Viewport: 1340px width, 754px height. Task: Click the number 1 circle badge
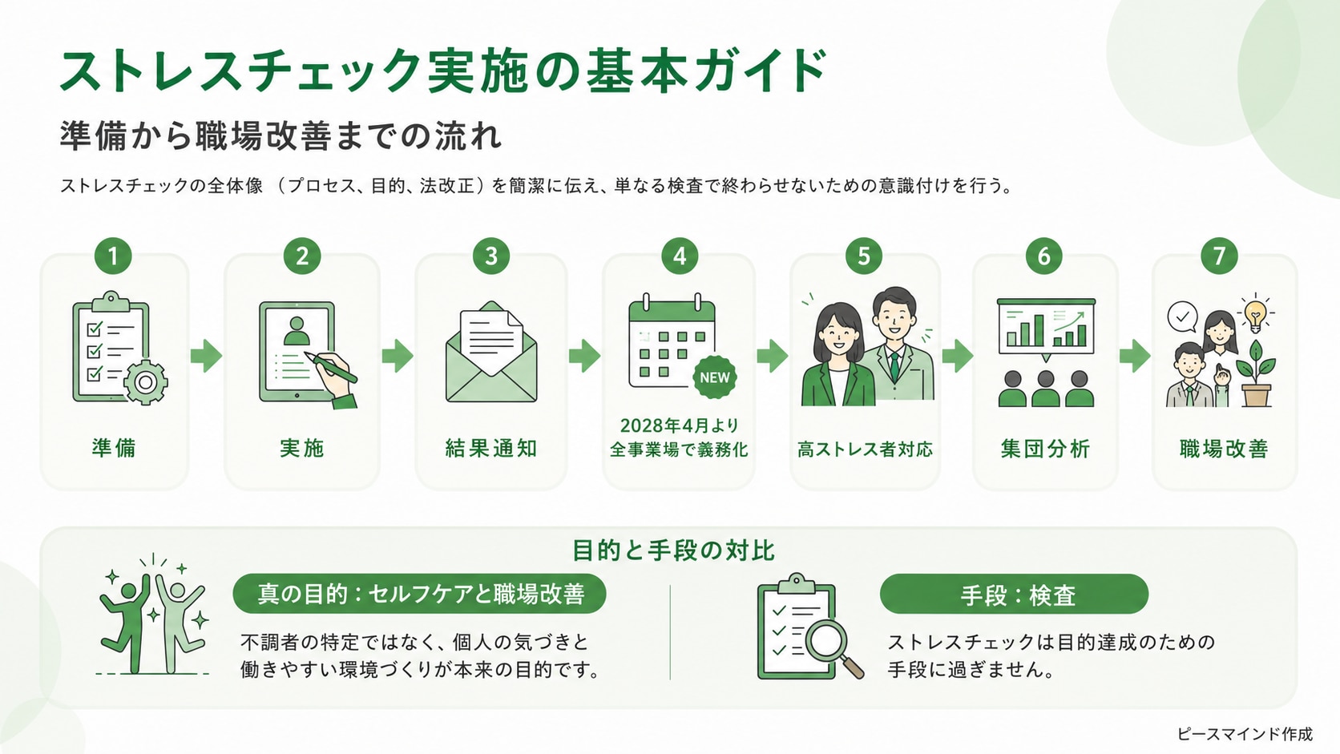click(x=113, y=256)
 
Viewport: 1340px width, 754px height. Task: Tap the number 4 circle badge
click(x=680, y=256)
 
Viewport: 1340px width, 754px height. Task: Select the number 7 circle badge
click(x=1219, y=256)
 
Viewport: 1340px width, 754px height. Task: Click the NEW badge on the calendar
click(x=714, y=377)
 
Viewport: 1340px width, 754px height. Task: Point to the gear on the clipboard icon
click(x=145, y=381)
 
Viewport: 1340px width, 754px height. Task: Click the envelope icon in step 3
click(x=491, y=352)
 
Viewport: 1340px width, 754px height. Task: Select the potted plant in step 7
click(x=1257, y=374)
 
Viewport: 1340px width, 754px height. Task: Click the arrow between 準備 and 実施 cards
click(x=207, y=356)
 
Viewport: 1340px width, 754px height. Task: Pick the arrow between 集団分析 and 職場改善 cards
click(x=1135, y=356)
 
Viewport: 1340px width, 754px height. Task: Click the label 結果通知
click(x=491, y=449)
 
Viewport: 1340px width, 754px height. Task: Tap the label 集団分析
click(x=1045, y=449)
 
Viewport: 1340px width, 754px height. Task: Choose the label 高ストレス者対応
click(x=865, y=449)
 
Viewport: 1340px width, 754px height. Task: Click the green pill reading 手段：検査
click(x=1014, y=595)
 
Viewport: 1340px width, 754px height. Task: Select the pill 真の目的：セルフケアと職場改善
click(x=419, y=594)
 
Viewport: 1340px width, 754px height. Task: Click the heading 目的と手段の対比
click(x=673, y=550)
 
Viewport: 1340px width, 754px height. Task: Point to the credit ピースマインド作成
click(x=1245, y=734)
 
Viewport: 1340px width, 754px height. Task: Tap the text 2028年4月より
click(x=680, y=425)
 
